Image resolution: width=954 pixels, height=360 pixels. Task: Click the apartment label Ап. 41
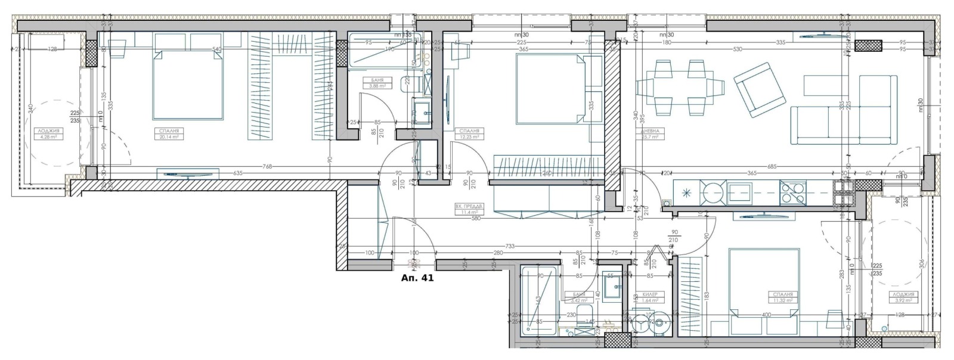[x=417, y=277]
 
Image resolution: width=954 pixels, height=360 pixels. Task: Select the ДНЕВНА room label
[x=649, y=131]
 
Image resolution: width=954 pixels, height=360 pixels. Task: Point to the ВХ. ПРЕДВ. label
[x=467, y=206]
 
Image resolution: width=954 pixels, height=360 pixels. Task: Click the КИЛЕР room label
[x=649, y=294]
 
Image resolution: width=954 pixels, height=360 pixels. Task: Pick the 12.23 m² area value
[x=468, y=136]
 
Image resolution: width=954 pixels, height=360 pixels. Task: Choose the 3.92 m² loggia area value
[x=904, y=300]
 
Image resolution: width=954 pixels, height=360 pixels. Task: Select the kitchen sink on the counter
[x=739, y=192]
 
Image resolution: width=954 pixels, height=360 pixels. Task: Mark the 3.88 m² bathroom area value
[x=377, y=86]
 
